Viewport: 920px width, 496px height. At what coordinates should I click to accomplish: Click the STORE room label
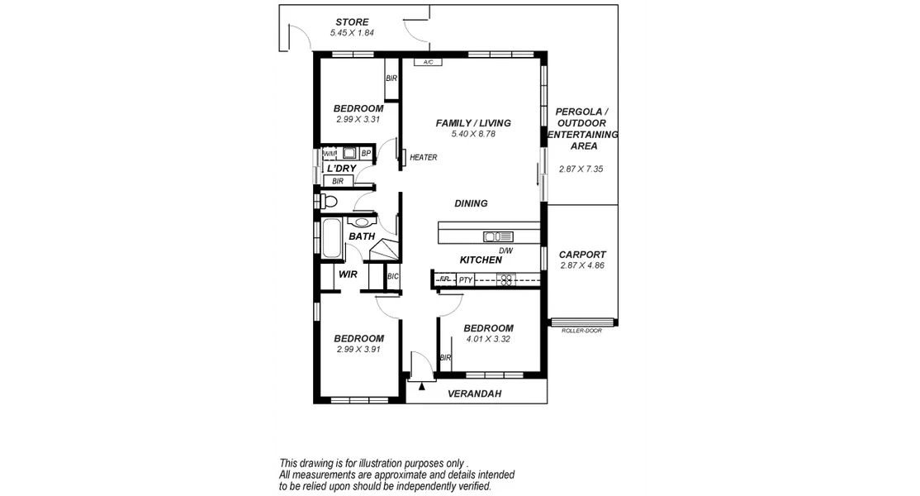tap(352, 21)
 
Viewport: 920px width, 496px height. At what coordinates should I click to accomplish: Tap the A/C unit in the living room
tap(428, 62)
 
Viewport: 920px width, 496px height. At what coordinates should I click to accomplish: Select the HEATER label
tap(423, 157)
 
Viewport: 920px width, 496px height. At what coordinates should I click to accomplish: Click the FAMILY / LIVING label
tap(473, 123)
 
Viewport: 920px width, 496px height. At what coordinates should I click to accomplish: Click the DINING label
tap(471, 203)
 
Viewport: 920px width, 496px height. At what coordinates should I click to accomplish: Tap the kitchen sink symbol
tap(498, 236)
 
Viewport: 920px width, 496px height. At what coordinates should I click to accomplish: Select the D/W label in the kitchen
tap(505, 250)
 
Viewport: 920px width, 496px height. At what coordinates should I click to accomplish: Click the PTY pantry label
tap(466, 279)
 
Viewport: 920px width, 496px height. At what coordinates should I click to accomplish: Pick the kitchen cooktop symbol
tap(506, 279)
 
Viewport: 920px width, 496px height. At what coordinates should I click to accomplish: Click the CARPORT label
tap(582, 255)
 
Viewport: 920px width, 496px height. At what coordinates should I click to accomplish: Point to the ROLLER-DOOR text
tap(581, 330)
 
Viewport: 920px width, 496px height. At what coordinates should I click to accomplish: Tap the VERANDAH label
tap(474, 394)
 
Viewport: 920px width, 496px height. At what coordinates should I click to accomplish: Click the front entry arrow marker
tap(422, 384)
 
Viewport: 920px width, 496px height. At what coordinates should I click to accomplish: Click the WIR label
tap(348, 274)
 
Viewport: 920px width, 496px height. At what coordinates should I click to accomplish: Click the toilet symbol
tap(328, 200)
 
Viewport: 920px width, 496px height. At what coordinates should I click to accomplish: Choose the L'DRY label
tap(341, 168)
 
